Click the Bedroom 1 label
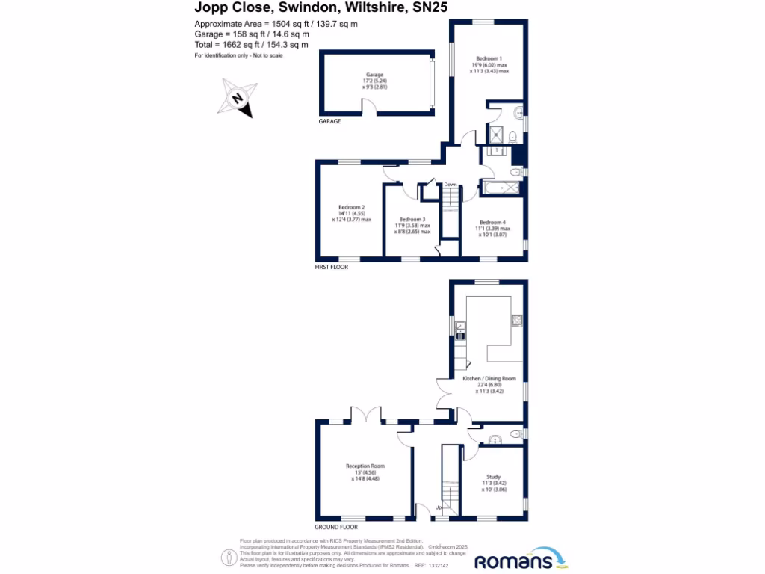[x=489, y=58]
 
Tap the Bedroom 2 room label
[x=351, y=207]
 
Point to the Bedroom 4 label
[x=492, y=222]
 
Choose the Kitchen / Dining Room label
[x=489, y=379]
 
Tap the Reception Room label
[x=365, y=466]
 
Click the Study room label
[x=492, y=476]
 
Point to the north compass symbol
[x=237, y=99]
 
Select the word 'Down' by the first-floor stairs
[x=450, y=185]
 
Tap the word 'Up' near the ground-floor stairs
[x=427, y=508]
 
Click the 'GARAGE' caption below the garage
[x=329, y=121]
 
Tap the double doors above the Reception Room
[x=366, y=416]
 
